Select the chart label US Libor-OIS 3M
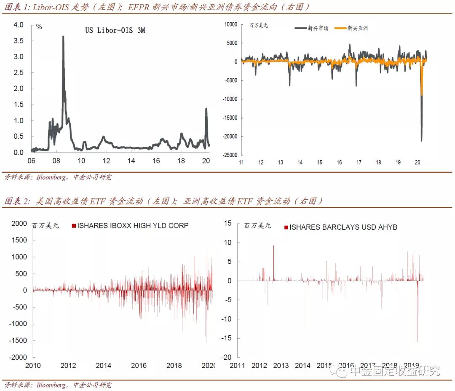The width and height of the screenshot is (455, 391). click(115, 30)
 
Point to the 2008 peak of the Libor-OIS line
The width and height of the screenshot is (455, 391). click(63, 37)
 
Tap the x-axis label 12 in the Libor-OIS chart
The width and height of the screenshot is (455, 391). click(106, 161)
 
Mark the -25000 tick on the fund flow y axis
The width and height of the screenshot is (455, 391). click(229, 155)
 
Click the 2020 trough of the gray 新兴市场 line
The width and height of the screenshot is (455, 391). click(421, 140)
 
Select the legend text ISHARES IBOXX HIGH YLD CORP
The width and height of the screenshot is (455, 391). click(133, 226)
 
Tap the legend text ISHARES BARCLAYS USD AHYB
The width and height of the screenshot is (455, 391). click(343, 227)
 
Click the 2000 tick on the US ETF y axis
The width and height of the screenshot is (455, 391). click(19, 223)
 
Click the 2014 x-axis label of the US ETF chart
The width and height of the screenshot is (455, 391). click(103, 365)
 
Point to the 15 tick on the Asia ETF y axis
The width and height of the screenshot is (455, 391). click(227, 223)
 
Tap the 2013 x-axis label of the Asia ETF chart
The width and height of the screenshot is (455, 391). click(281, 365)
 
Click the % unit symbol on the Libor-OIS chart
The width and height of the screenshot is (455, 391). click(39, 27)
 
